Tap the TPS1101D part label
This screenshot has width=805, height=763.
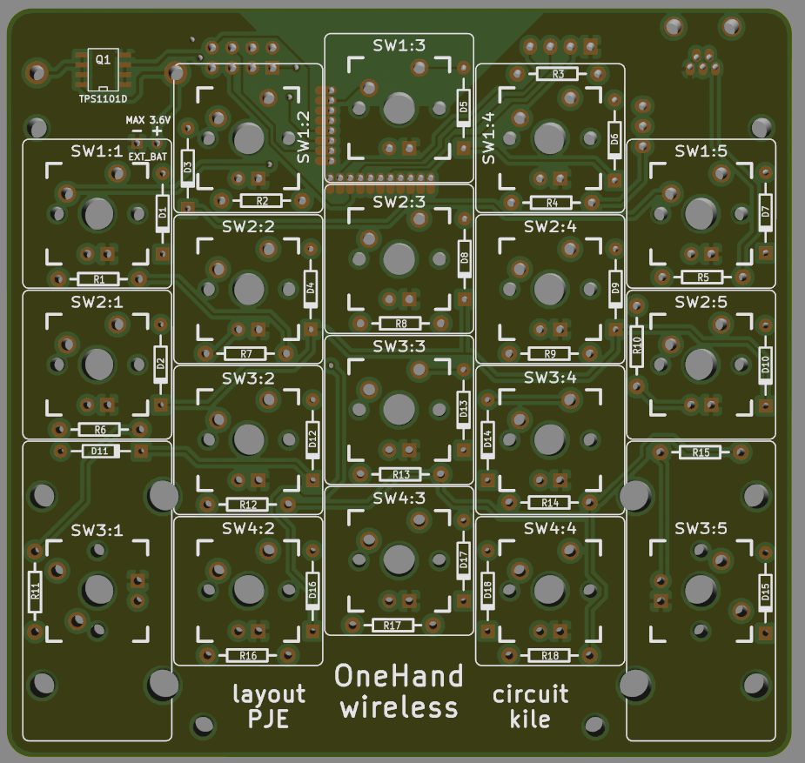[103, 99]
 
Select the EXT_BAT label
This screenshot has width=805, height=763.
[148, 157]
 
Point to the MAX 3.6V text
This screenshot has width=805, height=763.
[148, 119]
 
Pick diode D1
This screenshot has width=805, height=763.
[162, 211]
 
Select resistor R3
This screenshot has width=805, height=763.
[559, 74]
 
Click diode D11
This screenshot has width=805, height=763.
[99, 451]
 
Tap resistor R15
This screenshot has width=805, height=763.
[701, 452]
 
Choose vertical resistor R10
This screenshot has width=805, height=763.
[637, 345]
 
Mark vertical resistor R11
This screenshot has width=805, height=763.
[35, 592]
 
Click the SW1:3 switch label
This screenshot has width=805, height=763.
[399, 46]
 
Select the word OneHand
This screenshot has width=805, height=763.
[399, 676]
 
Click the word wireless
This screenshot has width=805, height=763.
[399, 707]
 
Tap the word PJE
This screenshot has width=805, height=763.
[268, 719]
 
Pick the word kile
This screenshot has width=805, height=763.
[530, 719]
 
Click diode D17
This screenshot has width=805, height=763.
[463, 560]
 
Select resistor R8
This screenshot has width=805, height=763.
[400, 324]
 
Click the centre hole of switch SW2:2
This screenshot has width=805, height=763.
[249, 288]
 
